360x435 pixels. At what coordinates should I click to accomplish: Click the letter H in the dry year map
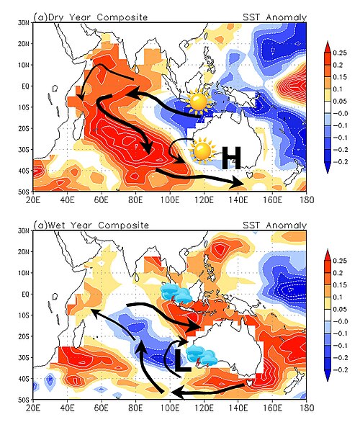[231, 158]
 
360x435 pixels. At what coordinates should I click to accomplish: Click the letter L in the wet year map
[182, 360]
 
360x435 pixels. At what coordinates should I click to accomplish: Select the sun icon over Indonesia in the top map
[198, 102]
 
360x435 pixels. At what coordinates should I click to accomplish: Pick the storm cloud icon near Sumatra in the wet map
[176, 294]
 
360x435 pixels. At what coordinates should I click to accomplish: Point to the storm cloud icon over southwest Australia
[202, 355]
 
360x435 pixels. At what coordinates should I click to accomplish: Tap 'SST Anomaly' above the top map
[274, 17]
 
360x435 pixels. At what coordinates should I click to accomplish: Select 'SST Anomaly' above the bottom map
[274, 225]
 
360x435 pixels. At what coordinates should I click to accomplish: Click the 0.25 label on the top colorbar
[340, 53]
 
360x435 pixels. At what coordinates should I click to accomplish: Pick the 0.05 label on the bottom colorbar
[340, 309]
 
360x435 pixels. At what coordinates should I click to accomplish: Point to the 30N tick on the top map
[24, 23]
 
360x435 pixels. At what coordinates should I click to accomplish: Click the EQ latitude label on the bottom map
[25, 294]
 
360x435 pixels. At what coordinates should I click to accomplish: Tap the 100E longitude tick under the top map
[170, 199]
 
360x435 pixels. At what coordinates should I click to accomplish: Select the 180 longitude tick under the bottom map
[307, 408]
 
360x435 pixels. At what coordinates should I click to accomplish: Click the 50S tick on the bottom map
[24, 400]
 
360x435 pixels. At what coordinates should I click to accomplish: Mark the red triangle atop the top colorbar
[328, 46]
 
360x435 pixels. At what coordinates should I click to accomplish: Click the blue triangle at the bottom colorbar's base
[328, 376]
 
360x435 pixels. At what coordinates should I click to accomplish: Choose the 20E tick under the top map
[33, 199]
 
